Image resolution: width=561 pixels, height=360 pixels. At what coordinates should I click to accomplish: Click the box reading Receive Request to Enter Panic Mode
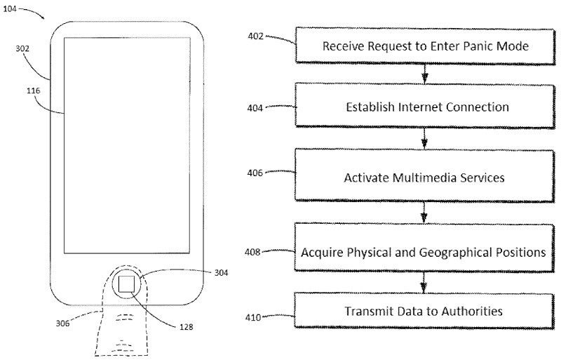click(425, 46)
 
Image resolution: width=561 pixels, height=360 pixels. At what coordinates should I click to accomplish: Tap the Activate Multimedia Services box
click(424, 177)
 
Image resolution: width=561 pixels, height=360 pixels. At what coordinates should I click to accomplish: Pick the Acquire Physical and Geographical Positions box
click(424, 251)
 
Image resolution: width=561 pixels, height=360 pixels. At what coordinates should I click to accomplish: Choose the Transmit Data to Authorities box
click(424, 310)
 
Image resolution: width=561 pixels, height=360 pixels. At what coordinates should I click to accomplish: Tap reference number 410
click(254, 317)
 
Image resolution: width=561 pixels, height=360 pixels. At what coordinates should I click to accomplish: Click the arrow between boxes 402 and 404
click(424, 74)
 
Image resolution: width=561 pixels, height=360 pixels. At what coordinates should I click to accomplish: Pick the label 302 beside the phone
click(22, 49)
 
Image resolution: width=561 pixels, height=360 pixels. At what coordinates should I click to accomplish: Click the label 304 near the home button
click(221, 273)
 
